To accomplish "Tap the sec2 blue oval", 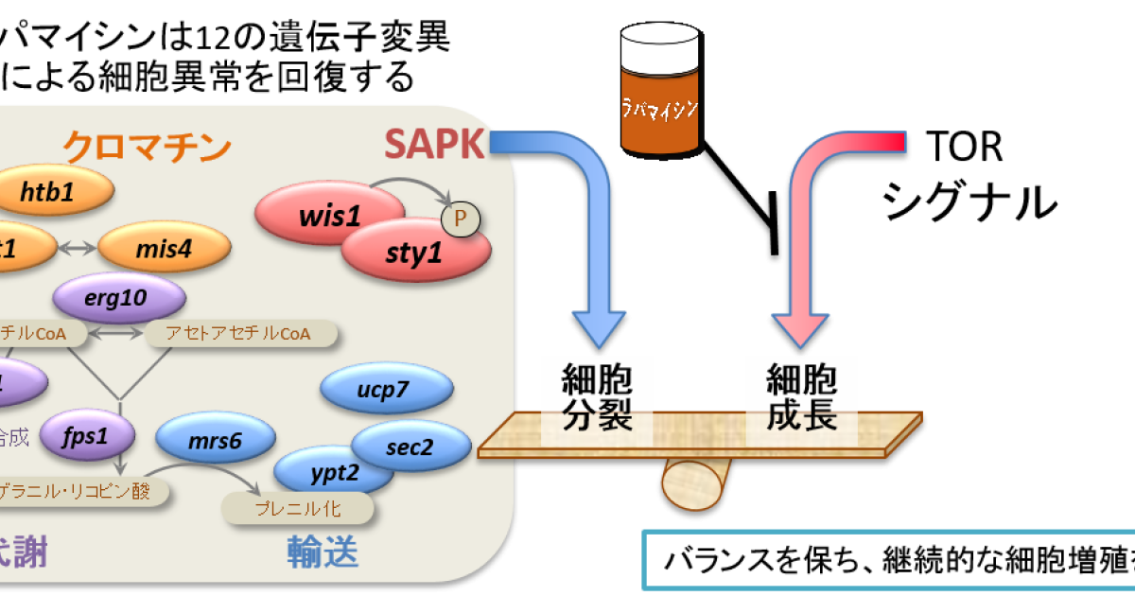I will pyautogui.click(x=412, y=447).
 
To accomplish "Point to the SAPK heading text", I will pyautogui.click(x=434, y=145).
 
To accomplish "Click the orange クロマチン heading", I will pyautogui.click(x=147, y=148).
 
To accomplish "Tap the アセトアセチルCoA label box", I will pyautogui.click(x=240, y=333).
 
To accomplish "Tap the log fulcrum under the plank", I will pyautogui.click(x=694, y=483).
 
